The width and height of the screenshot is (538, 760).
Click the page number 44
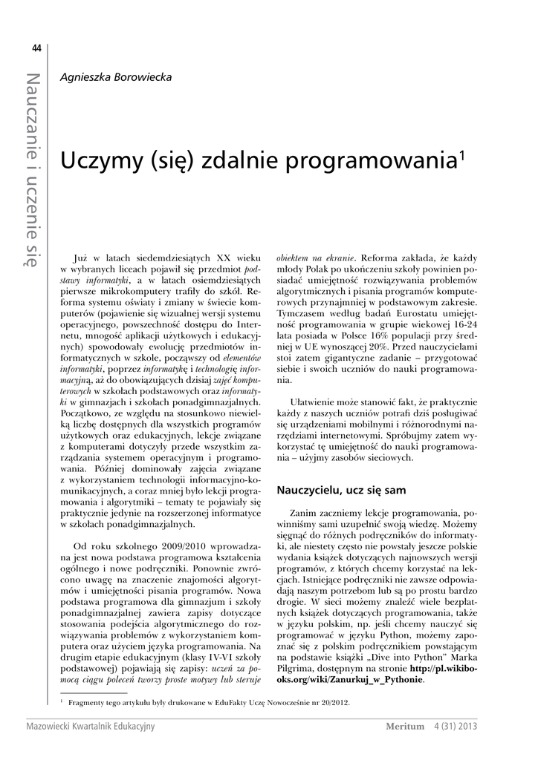tap(36, 50)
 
